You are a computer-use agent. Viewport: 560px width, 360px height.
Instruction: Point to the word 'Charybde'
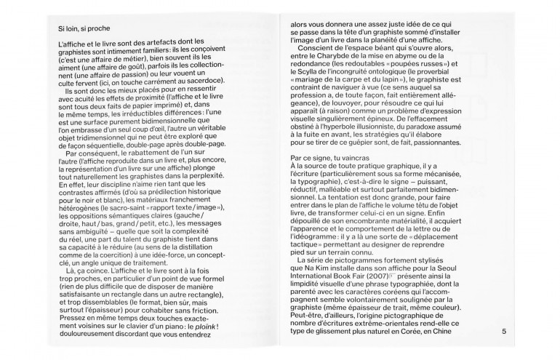tap(336, 56)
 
